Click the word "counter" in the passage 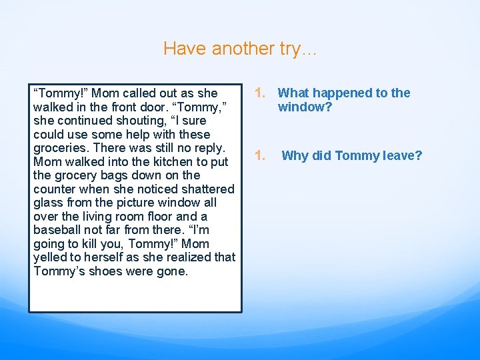[x=54, y=189]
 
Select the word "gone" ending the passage [x=173, y=271]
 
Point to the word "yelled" [x=51, y=257]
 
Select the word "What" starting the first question [x=293, y=93]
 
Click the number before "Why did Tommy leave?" [x=261, y=156]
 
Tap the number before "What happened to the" [x=261, y=93]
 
